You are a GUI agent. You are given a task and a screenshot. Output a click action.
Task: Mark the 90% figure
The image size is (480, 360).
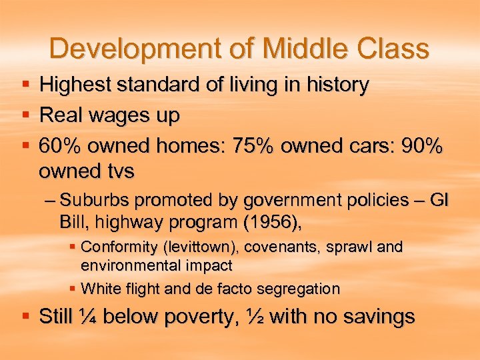[419, 147]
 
